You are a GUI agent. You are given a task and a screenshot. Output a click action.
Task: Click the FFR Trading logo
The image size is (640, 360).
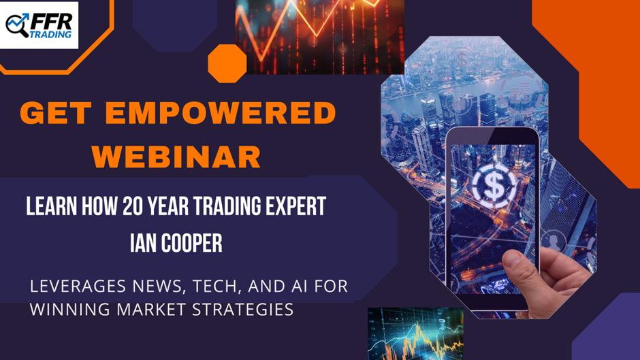[39, 25]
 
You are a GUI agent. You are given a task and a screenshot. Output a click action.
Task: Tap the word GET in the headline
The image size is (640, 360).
[56, 113]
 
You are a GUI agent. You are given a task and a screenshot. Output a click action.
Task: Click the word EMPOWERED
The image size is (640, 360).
[221, 113]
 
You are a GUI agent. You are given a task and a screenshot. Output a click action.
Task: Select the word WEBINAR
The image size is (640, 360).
[176, 157]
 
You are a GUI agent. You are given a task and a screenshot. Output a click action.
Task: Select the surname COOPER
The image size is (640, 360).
[192, 243]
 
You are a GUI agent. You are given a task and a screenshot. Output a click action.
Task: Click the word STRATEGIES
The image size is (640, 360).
[242, 310]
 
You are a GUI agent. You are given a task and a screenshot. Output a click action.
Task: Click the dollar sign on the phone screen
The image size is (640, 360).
[494, 186]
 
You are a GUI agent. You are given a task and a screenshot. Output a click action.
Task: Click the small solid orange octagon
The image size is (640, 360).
[227, 64]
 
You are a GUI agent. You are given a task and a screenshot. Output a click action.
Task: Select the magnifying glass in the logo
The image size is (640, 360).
[17, 26]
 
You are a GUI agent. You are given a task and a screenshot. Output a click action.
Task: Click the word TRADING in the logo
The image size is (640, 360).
[50, 34]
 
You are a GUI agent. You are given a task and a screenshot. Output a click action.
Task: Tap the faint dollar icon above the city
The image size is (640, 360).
[461, 60]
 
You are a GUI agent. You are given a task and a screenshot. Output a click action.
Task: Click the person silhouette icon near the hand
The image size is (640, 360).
[553, 241]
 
